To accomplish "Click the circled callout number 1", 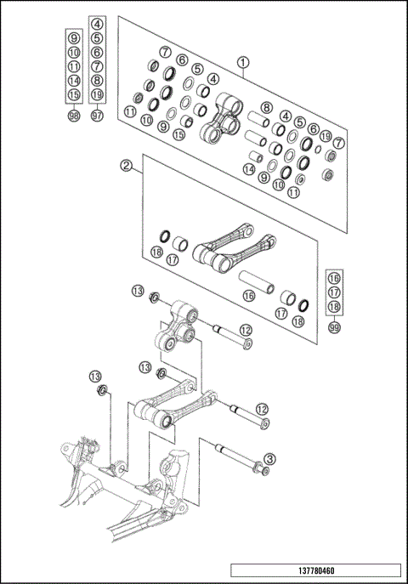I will point(244,62).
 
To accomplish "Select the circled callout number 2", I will point(125,165).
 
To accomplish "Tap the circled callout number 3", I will point(269,459).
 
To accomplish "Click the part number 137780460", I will point(314,571).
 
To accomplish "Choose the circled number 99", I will point(334,327).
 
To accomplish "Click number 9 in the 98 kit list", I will point(74,38).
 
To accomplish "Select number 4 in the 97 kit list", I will point(98,25).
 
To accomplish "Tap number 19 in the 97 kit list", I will point(98,94).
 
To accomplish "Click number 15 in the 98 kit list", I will point(74,94).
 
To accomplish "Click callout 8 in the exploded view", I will point(266,107).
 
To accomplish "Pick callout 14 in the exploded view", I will point(248,169).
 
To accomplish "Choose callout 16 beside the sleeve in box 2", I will point(248,296).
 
